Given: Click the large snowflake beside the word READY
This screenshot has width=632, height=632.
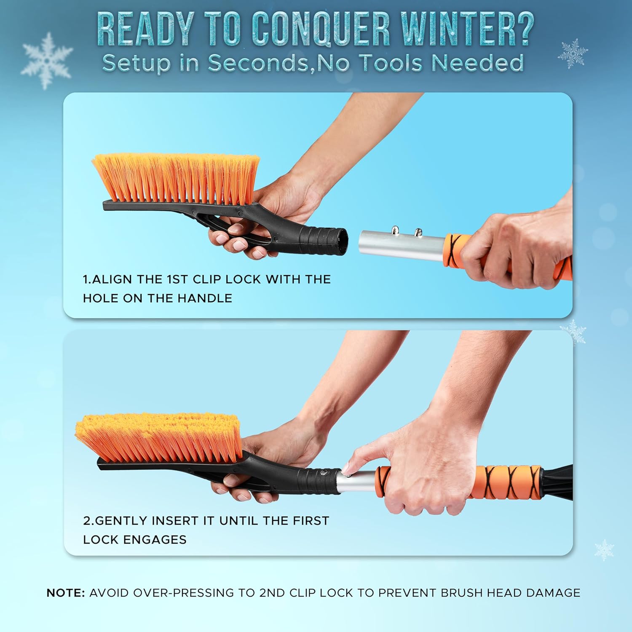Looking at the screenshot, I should tap(47, 60).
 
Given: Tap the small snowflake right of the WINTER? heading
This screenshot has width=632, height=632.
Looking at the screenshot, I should tap(573, 54).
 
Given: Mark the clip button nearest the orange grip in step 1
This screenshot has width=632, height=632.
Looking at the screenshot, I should tap(418, 231).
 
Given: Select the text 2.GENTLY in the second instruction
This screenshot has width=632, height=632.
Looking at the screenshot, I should tap(115, 521).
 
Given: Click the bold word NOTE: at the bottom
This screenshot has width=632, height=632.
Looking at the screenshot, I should tap(66, 593).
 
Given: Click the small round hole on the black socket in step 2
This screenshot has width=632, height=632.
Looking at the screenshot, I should tap(323, 473).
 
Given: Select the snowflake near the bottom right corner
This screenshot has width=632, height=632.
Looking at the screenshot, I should tap(604, 550).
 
